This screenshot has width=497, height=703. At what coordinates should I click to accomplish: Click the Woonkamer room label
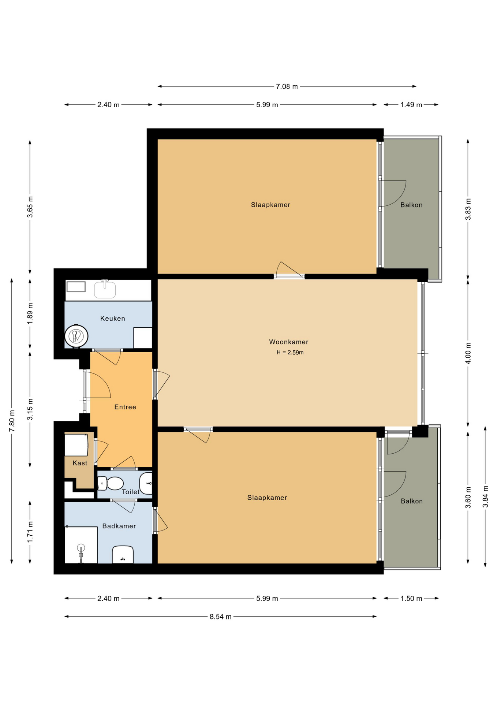(x=288, y=342)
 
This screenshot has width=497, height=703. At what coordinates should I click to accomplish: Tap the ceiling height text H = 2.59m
(x=290, y=353)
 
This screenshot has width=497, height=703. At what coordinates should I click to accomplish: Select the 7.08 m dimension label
(x=287, y=87)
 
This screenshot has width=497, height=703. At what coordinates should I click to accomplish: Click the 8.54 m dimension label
(x=220, y=617)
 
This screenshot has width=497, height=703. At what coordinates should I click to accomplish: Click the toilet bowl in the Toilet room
(x=115, y=483)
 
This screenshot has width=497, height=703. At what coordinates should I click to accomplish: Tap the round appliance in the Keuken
(x=76, y=336)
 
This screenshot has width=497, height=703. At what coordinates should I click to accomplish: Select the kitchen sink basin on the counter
(x=105, y=290)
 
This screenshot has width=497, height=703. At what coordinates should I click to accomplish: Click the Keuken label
(x=113, y=319)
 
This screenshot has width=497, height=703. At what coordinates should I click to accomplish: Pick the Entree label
(x=125, y=407)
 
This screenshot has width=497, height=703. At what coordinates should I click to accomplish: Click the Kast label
(x=80, y=463)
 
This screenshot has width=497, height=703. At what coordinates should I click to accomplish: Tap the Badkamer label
(x=119, y=526)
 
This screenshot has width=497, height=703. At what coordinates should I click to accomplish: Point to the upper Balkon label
(x=411, y=205)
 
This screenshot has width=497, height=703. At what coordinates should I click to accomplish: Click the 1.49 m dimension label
(x=411, y=105)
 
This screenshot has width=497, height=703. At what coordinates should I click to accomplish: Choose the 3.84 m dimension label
(x=485, y=497)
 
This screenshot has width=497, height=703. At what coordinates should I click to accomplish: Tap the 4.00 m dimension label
(x=468, y=353)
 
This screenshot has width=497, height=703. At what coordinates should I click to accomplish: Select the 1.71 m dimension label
(x=30, y=532)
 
